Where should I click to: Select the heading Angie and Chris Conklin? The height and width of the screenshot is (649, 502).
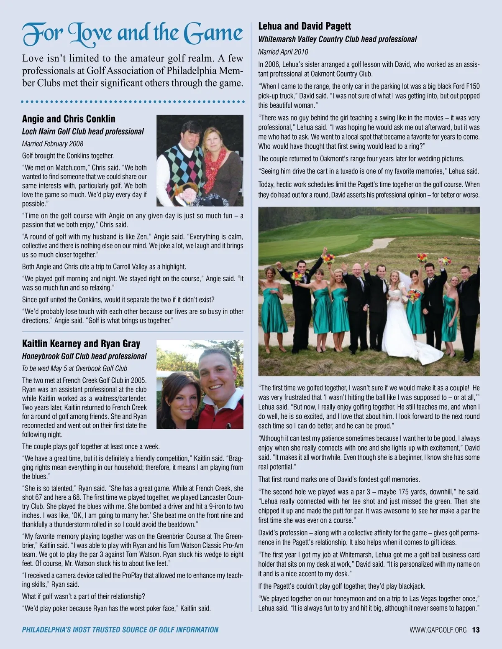69,119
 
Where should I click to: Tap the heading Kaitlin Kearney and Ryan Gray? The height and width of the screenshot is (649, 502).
81,344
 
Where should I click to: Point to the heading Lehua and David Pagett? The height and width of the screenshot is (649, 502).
305,26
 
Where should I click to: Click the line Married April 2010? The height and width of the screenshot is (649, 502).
283,52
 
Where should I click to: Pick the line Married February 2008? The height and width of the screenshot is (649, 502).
53,144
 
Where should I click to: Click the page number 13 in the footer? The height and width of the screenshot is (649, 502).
476,630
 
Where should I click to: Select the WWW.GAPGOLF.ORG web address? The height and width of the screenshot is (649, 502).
438,630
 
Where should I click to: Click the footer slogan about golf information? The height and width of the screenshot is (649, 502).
120,630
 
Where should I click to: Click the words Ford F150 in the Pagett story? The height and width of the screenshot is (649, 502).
462,87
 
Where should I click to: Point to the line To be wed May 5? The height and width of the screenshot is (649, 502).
74,369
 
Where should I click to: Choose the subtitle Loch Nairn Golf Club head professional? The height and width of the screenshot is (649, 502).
83,132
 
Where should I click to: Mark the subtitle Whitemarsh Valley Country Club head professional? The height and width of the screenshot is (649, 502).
337,39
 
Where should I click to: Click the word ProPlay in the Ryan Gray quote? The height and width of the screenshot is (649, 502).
133,575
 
